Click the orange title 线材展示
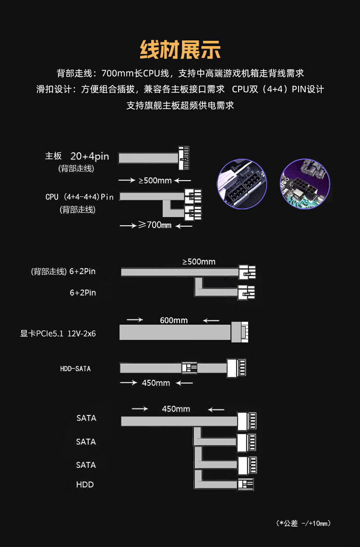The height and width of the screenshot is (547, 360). coord(180,50)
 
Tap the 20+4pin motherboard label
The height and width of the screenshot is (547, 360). coord(90,156)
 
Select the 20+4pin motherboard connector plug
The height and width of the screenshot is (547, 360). coord(184,158)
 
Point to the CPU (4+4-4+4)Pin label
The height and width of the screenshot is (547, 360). coord(80,197)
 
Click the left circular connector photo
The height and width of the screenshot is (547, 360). coord(242,184)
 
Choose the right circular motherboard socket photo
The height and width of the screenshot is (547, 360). coord(305,184)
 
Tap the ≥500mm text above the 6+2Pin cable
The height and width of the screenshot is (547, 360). coord(199,262)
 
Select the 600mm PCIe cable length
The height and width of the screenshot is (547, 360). coord(174,320)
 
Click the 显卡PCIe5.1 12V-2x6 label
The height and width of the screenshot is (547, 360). coord(58,333)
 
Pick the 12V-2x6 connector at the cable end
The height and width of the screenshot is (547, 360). coord(240,332)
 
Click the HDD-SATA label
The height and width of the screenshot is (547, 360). coord(75,369)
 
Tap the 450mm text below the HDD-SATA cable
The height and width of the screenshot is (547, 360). coord(156,383)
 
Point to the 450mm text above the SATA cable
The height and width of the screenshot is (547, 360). coord(176,409)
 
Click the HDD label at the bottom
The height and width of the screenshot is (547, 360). coord(85,485)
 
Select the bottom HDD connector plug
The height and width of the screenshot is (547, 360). coord(246,484)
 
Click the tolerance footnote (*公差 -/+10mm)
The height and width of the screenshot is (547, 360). coord(303,523)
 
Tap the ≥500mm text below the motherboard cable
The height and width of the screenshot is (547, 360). coord(155,181)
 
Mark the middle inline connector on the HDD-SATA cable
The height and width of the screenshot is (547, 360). coord(190,368)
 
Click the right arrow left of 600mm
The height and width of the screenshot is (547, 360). coord(135,319)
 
